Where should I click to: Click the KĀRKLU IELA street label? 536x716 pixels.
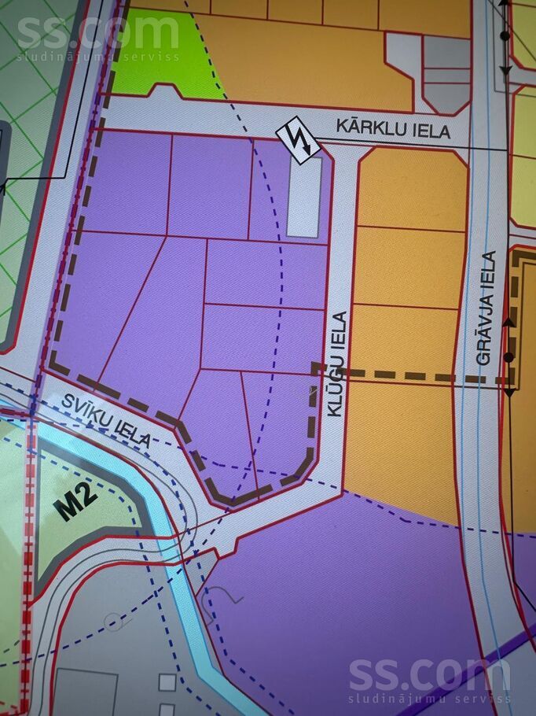click(x=393, y=127)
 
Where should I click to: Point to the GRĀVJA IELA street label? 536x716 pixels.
click(x=488, y=308)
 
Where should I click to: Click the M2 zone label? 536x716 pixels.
click(x=76, y=502)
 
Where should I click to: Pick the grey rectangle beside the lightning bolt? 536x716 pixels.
click(x=304, y=197)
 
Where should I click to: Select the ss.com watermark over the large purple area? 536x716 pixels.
click(x=428, y=675)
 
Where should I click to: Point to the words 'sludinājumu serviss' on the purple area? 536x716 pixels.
click(x=429, y=699)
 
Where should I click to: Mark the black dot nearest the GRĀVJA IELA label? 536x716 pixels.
click(x=508, y=357)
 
